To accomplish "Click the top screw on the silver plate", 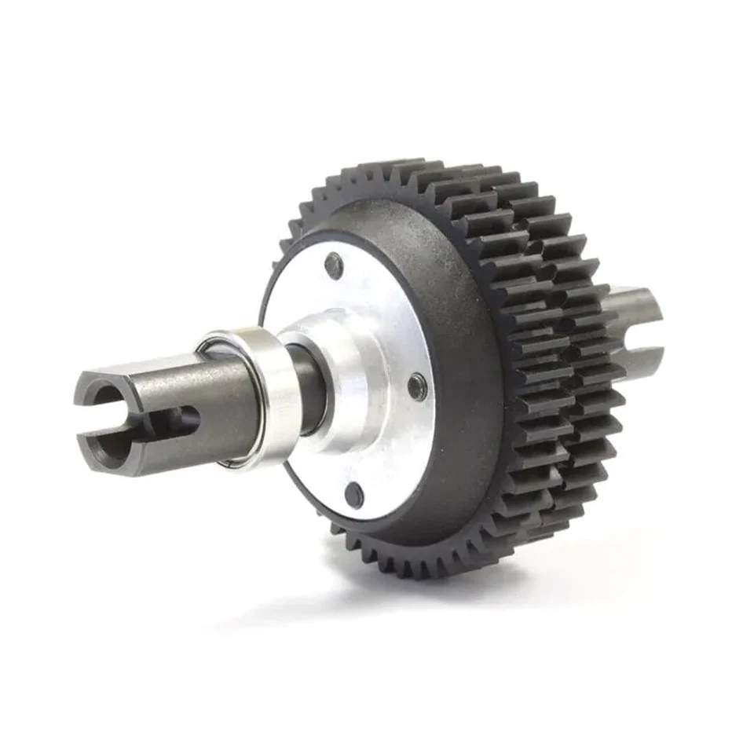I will pyautogui.click(x=335, y=265).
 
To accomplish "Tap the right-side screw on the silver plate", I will pyautogui.click(x=417, y=386).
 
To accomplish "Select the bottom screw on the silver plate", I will pyautogui.click(x=354, y=494).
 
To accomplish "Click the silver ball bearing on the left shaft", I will pyautogui.click(x=251, y=397).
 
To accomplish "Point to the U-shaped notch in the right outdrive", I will pyautogui.click(x=646, y=338).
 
